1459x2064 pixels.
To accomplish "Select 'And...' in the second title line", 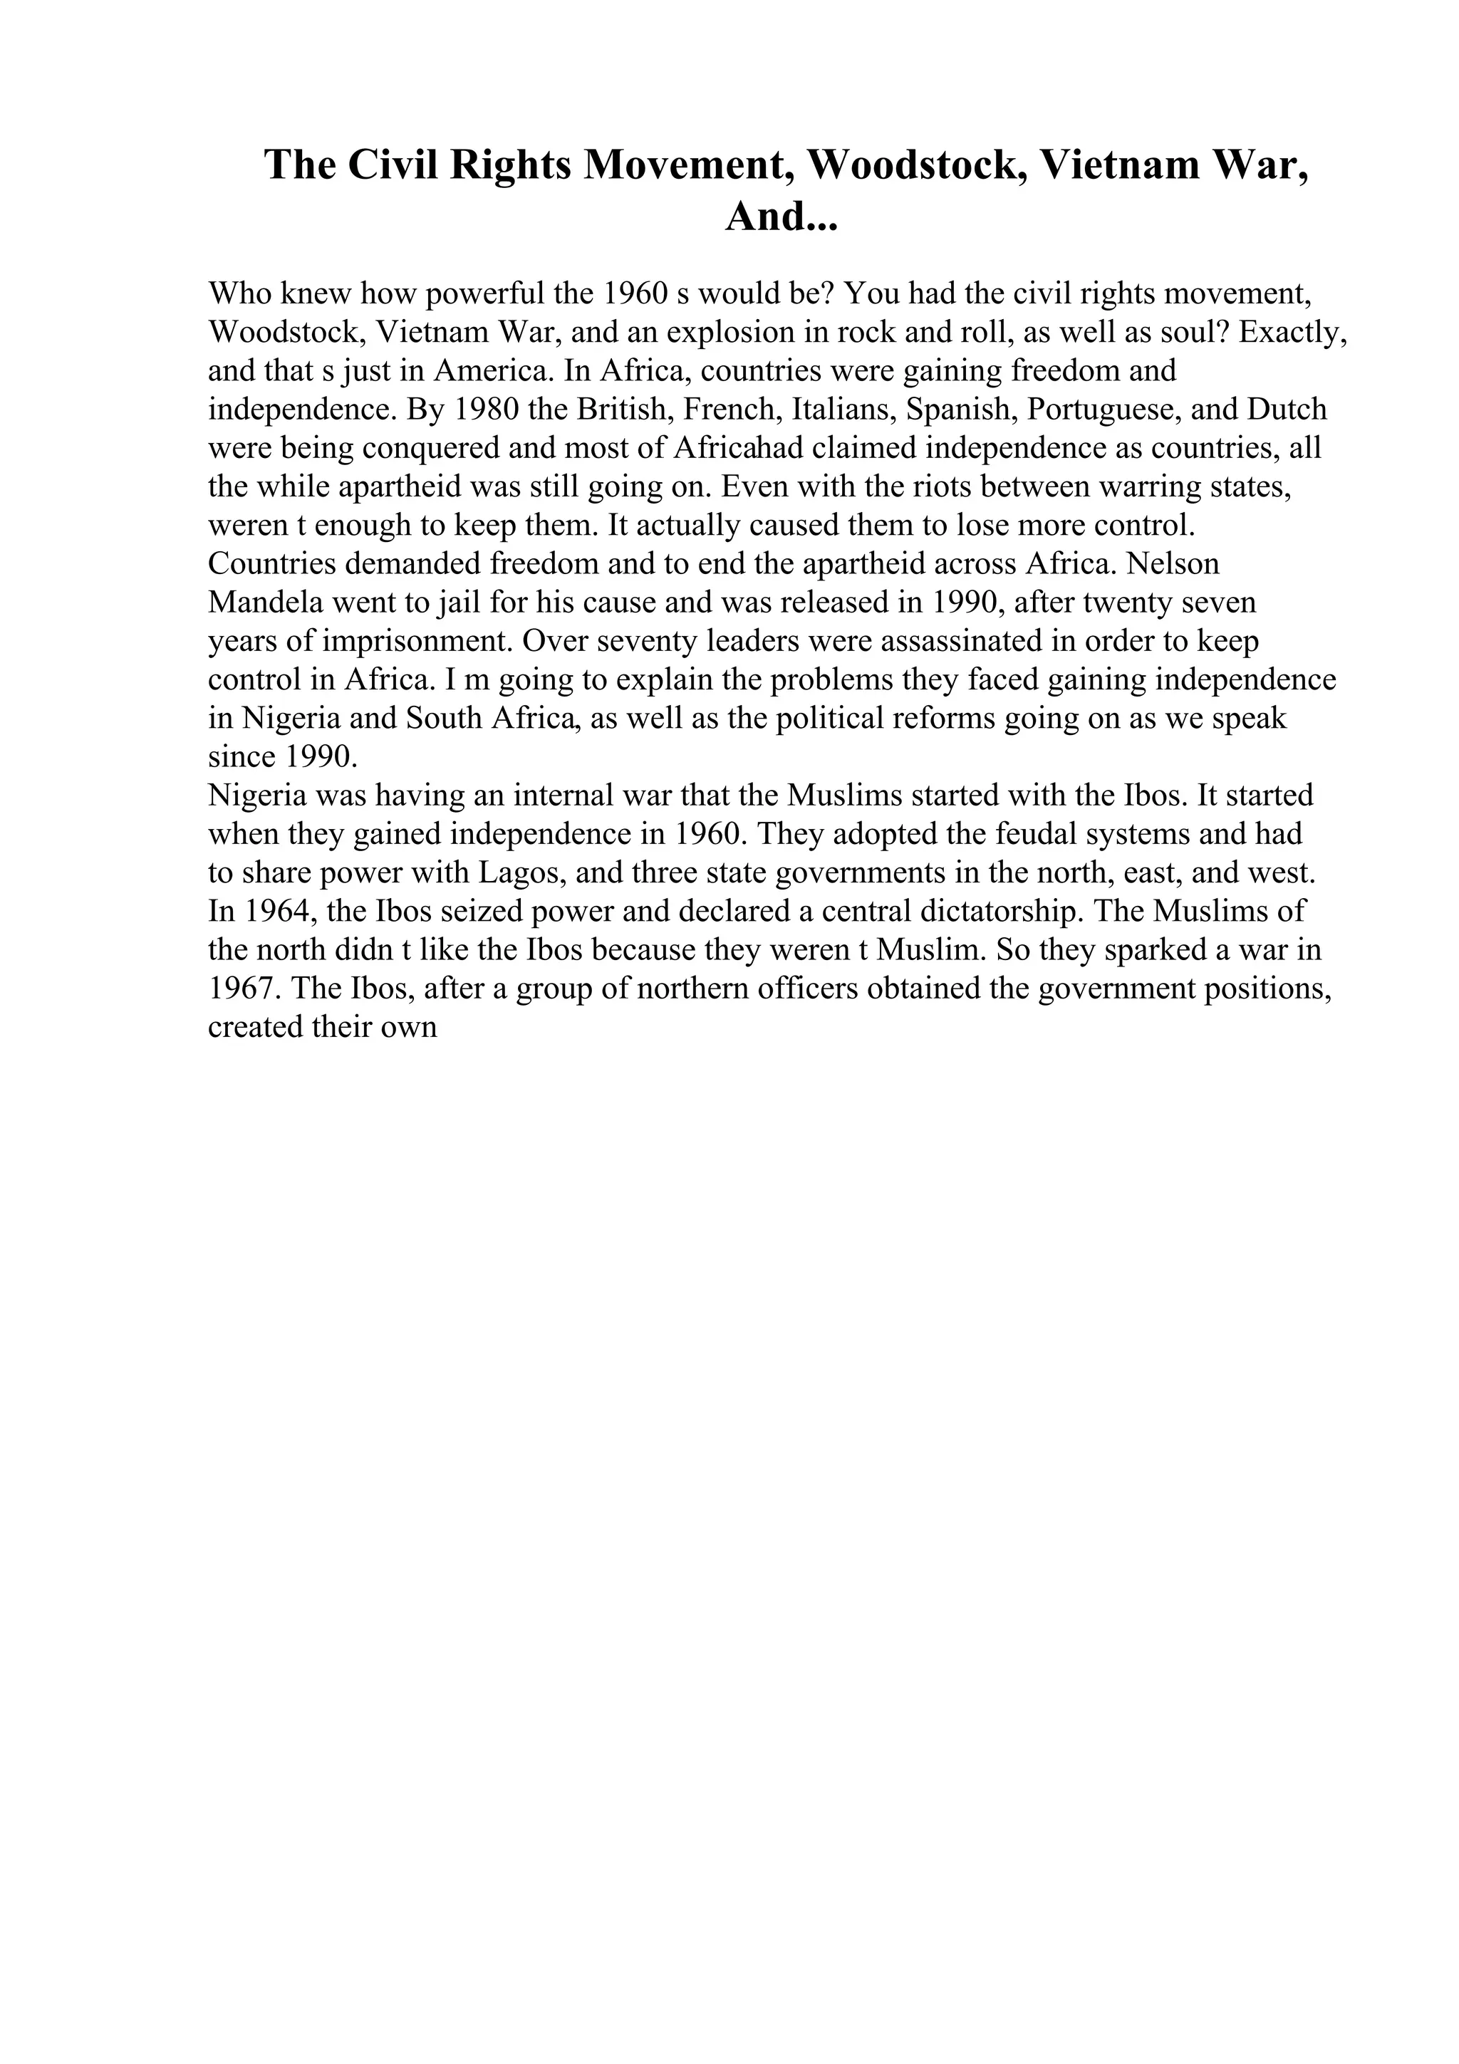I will pos(780,217).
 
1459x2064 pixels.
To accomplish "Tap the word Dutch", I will pos(1287,410).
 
